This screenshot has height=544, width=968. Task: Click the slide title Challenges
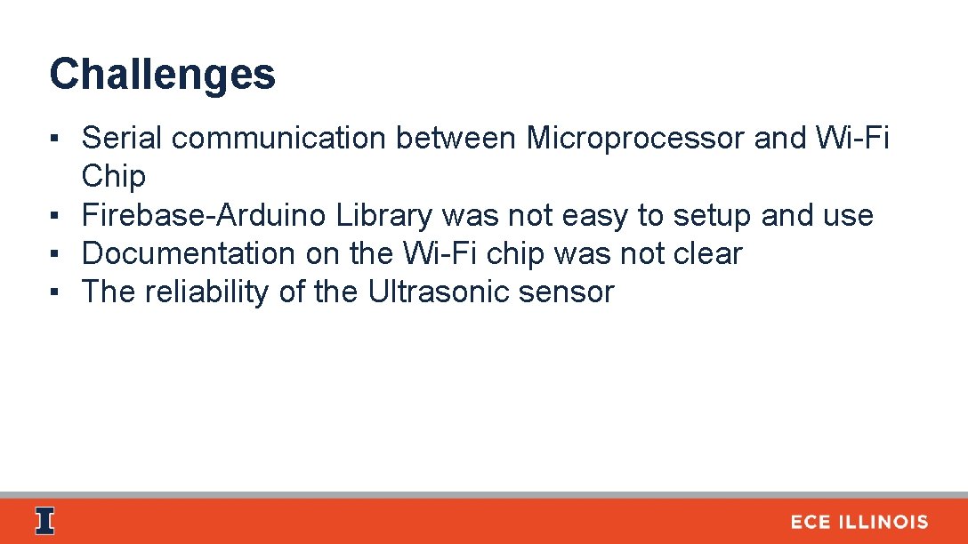[162, 75]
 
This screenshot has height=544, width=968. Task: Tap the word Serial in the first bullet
[122, 139]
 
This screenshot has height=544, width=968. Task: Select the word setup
[714, 215]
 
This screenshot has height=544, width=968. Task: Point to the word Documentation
[190, 253]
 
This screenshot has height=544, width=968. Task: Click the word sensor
[571, 292]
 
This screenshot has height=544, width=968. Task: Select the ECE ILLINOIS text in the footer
[859, 523]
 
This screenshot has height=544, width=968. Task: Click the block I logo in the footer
[44, 522]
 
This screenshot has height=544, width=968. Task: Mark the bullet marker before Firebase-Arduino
[55, 216]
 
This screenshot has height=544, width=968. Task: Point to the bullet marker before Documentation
[55, 254]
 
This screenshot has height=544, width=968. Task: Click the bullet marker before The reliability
[55, 292]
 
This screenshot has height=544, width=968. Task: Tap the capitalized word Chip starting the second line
[113, 177]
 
